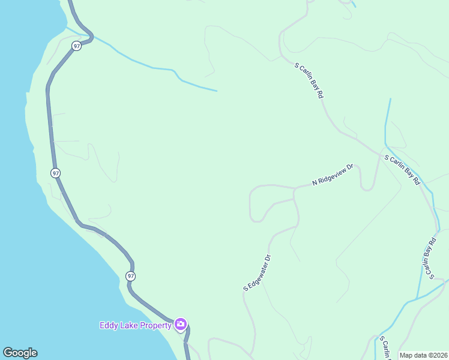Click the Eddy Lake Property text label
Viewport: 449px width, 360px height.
(x=136, y=325)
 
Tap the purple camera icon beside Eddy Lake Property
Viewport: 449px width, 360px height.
(x=181, y=325)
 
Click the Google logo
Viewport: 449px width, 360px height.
(x=20, y=353)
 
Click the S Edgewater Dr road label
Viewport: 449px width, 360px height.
(x=258, y=273)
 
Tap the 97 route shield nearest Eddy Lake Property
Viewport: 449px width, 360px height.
(x=130, y=276)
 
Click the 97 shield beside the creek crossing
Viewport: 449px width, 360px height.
(x=76, y=46)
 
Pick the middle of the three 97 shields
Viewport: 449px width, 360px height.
(x=55, y=173)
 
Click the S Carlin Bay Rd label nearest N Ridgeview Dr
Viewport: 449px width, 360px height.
(x=402, y=170)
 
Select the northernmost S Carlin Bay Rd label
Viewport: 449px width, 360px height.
(x=309, y=79)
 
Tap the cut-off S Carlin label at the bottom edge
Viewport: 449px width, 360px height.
(x=382, y=348)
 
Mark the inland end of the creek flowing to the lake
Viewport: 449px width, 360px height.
(x=216, y=91)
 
